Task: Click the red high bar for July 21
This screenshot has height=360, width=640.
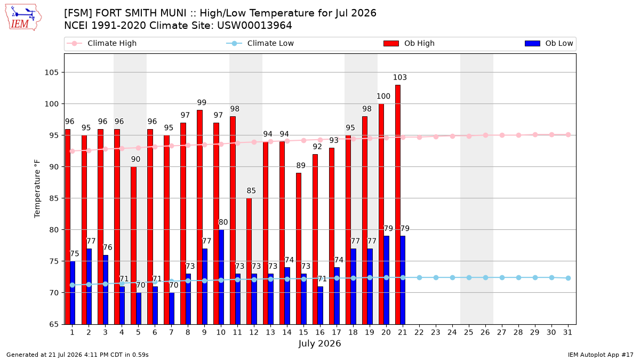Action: point(398,205)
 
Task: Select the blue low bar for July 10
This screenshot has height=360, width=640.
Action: point(221,277)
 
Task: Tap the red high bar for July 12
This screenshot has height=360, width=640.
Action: point(249,261)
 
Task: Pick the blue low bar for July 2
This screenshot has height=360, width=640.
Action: point(89,286)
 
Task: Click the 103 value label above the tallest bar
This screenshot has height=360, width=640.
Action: point(399,77)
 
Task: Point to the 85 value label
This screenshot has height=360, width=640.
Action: point(251,190)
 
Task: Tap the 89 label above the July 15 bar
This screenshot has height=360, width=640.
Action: point(301,165)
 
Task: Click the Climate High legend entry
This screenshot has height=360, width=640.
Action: point(101,43)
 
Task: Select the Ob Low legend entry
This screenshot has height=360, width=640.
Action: point(549,43)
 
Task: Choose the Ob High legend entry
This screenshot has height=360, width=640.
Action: point(409,43)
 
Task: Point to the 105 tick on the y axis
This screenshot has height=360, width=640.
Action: point(51,73)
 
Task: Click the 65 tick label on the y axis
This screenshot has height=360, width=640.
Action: point(54,324)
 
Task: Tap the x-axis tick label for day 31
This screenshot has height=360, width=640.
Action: point(567,332)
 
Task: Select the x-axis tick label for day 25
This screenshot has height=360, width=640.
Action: point(469,332)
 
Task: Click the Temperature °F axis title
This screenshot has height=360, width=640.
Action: point(37,189)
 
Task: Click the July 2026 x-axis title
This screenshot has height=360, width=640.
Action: point(319,343)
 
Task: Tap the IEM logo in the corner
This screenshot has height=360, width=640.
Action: point(23,18)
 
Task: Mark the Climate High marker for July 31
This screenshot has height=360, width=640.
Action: point(568,134)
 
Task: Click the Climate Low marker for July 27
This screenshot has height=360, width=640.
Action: point(502,277)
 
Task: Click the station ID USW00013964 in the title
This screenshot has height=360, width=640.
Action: point(254,26)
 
